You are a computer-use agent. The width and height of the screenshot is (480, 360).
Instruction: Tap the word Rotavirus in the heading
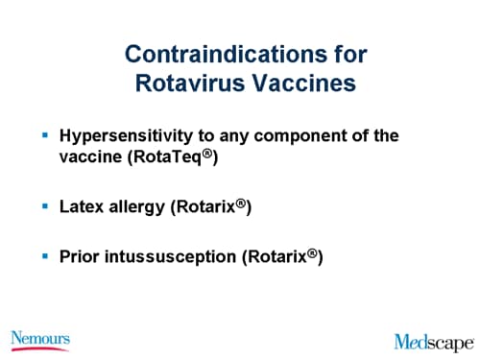181,84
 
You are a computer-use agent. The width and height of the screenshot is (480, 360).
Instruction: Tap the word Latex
83,207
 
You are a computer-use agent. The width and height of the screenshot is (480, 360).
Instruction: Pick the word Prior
82,256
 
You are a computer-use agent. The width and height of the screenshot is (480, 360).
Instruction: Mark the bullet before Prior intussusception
46,257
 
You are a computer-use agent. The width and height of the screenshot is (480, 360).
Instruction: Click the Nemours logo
40,338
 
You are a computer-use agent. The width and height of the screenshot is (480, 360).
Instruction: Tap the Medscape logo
434,341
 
